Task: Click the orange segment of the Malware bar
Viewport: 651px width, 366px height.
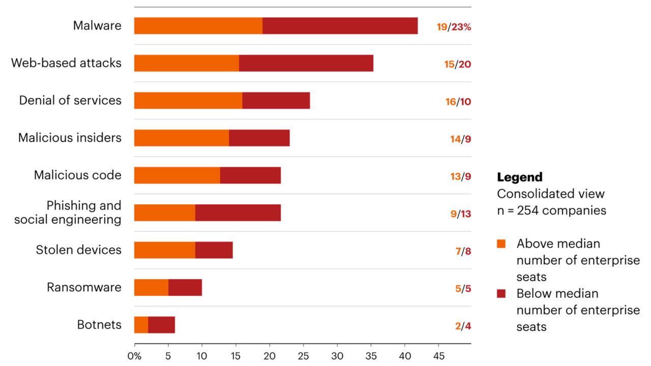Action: (198, 26)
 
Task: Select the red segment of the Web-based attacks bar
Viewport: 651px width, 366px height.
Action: (306, 63)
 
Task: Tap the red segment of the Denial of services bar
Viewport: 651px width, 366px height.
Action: (276, 101)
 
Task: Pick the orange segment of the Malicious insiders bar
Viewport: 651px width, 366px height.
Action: (182, 138)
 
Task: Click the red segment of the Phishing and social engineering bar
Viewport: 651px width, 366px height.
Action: (238, 212)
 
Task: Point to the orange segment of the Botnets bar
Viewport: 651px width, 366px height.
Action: (141, 325)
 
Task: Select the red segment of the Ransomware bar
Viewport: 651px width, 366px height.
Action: (185, 287)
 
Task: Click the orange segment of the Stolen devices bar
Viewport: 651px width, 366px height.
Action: (165, 250)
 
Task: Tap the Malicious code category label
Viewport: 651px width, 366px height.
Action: (78, 175)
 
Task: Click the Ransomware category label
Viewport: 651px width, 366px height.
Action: (84, 287)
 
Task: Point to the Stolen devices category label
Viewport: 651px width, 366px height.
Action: (79, 250)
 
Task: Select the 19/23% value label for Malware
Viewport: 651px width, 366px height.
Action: (454, 27)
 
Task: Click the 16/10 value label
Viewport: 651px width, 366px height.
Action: (458, 102)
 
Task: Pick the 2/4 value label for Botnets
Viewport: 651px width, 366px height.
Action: (462, 326)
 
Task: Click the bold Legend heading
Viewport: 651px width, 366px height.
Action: (520, 177)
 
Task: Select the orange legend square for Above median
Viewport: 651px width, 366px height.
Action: (501, 244)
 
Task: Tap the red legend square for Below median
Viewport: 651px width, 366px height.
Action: (501, 294)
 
